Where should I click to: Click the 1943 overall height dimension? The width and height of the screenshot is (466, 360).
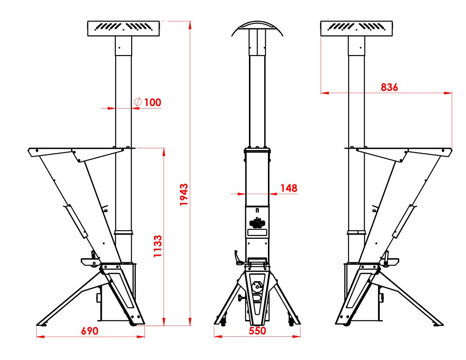(x=184, y=194)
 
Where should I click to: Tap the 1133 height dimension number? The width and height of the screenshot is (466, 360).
(x=157, y=246)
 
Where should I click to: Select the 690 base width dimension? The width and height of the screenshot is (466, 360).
(x=89, y=331)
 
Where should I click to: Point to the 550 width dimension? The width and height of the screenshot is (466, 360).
(x=257, y=331)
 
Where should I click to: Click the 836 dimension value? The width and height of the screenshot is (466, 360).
(x=389, y=88)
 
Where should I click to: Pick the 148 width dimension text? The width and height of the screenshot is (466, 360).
(x=289, y=188)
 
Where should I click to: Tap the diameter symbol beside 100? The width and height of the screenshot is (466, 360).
(x=138, y=102)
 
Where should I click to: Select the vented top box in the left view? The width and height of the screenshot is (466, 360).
(x=123, y=28)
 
